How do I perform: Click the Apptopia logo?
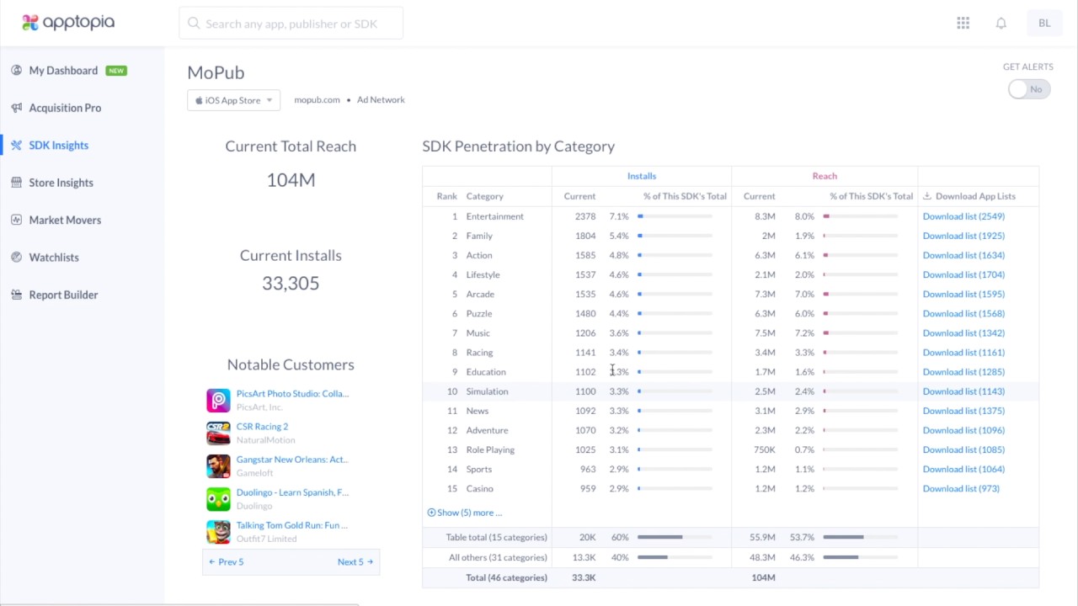click(68, 23)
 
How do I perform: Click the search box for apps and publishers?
click(291, 24)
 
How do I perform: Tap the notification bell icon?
click(1001, 24)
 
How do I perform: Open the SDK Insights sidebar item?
click(58, 145)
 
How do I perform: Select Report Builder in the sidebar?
click(63, 295)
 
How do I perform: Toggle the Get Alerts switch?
click(1028, 89)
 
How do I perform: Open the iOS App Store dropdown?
click(233, 100)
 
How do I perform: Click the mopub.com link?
click(317, 99)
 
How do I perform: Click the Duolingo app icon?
click(218, 499)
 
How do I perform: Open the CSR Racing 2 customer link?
click(262, 427)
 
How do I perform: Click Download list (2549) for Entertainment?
click(963, 216)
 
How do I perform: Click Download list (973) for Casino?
click(960, 488)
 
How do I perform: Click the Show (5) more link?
click(465, 513)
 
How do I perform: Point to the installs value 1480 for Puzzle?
click(585, 313)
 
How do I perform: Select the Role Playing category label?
click(490, 449)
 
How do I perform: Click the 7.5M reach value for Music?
click(765, 332)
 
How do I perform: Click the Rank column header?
click(446, 196)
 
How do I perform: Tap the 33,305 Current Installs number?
click(291, 283)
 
